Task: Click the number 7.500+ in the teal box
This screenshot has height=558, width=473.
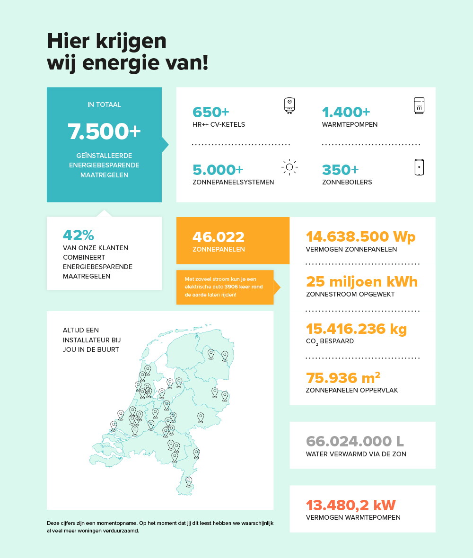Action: tap(104, 131)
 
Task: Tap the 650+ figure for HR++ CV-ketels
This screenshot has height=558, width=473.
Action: tap(210, 113)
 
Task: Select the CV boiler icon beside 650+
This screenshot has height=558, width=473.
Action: tap(289, 106)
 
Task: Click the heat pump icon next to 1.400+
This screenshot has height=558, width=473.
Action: tap(419, 106)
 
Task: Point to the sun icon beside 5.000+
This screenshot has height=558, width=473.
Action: tap(289, 167)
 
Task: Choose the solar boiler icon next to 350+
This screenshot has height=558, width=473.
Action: tap(419, 167)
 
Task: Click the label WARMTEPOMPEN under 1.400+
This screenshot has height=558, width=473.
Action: tap(350, 125)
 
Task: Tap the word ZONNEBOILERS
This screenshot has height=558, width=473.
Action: tap(347, 182)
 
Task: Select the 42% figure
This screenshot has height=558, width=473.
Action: tap(78, 235)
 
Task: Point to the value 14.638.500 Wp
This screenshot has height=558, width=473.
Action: tap(360, 236)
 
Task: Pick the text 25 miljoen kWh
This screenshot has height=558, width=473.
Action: tap(362, 282)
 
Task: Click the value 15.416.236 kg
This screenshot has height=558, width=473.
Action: tap(356, 329)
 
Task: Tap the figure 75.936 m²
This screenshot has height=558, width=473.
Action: tap(343, 378)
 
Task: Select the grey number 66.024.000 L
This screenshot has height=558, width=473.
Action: tap(355, 441)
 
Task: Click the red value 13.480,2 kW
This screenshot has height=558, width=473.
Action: tap(350, 505)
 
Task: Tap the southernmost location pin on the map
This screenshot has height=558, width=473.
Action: tap(189, 481)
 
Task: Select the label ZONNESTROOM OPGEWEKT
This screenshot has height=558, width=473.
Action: tap(350, 295)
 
